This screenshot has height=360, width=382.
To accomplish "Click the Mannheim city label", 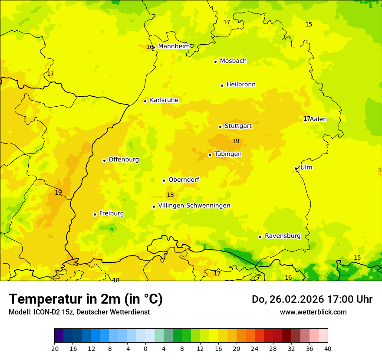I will click(174, 46).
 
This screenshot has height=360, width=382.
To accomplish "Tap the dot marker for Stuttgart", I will click(220, 127).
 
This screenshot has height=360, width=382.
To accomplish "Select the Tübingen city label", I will click(228, 154).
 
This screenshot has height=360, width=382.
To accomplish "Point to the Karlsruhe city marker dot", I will click(145, 101).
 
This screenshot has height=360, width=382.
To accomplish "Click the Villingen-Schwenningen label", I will click(194, 206).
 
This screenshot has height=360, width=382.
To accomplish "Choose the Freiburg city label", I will click(111, 213).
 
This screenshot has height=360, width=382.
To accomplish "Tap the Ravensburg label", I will click(283, 236).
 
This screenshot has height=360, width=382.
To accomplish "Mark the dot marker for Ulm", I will click(296, 168).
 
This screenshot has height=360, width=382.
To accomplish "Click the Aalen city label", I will click(318, 119).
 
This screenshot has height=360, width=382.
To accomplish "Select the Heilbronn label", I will click(241, 85).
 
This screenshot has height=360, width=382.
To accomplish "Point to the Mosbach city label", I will click(233, 61).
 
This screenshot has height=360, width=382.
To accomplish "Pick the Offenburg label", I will click(124, 160).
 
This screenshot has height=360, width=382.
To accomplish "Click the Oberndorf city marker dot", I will click(164, 180).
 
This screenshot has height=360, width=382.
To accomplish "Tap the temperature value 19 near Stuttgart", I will click(236, 141).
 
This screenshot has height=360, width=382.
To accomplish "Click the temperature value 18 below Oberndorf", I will click(170, 195).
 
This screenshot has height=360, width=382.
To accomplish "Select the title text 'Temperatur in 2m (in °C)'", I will click(86, 299).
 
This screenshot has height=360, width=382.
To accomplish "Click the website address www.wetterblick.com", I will click(313, 312).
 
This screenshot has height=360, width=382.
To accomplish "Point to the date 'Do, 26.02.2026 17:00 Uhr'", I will click(312, 299).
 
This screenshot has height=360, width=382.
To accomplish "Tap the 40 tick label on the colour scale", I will click(327, 348).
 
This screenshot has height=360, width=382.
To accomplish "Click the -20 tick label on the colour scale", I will click(54, 348).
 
